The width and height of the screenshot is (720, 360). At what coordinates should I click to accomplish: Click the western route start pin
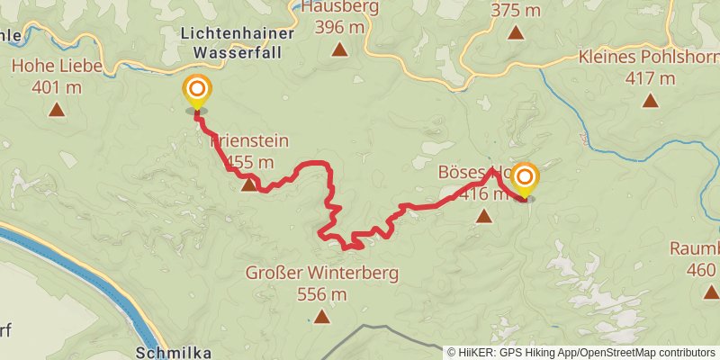[196, 92]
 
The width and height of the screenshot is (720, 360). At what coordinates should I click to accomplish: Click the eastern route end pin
[524, 178]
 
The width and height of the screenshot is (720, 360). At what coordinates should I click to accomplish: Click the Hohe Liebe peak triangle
[57, 111]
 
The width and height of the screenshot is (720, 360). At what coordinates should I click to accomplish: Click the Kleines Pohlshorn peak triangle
[651, 101]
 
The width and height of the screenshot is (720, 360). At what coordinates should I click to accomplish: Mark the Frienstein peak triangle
[249, 185]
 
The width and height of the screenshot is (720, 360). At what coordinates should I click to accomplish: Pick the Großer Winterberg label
[321, 273]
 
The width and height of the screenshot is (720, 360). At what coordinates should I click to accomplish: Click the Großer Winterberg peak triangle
[322, 316]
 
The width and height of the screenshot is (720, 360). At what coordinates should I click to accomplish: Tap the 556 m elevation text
[322, 293]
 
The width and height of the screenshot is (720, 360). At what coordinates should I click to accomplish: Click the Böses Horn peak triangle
[484, 215]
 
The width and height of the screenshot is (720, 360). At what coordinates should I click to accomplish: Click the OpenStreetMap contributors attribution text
[645, 352]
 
